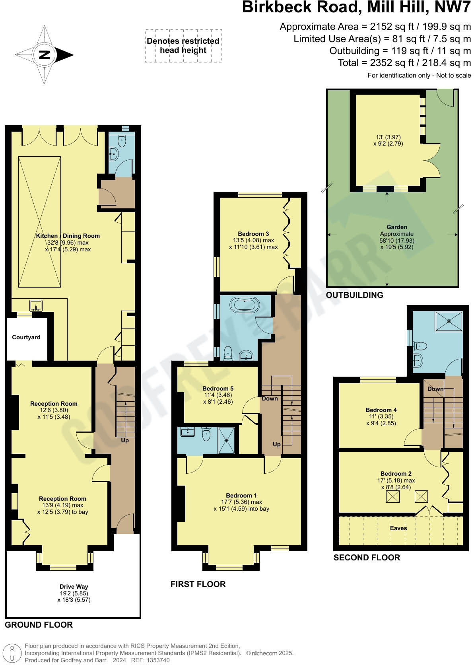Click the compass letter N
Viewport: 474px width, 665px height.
tap(45, 55)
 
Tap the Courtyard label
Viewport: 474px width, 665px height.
tap(26, 337)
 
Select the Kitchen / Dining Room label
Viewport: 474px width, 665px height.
tap(68, 236)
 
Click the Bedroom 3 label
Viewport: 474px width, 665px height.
tap(253, 234)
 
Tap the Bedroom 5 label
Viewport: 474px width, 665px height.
tap(218, 389)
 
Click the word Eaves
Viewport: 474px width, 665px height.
tap(398, 528)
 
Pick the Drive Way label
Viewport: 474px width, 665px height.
tap(74, 586)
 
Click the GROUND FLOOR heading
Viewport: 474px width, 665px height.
tap(39, 625)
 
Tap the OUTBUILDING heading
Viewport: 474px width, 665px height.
tap(354, 295)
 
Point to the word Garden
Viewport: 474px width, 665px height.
tap(396, 227)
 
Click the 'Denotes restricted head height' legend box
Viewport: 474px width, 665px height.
tap(183, 46)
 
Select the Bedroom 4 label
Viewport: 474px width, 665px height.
tap(381, 410)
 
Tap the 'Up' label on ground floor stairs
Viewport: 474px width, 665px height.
tap(125, 440)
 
